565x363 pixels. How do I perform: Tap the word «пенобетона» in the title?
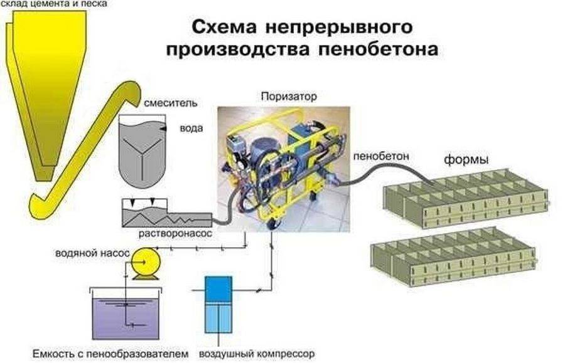pos(384,49)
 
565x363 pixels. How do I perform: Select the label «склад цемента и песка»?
pos(53,4)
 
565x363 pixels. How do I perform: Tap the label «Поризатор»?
pos(288,97)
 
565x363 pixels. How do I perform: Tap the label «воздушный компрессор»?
pos(256,353)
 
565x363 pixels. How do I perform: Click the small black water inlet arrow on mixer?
pos(164,128)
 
